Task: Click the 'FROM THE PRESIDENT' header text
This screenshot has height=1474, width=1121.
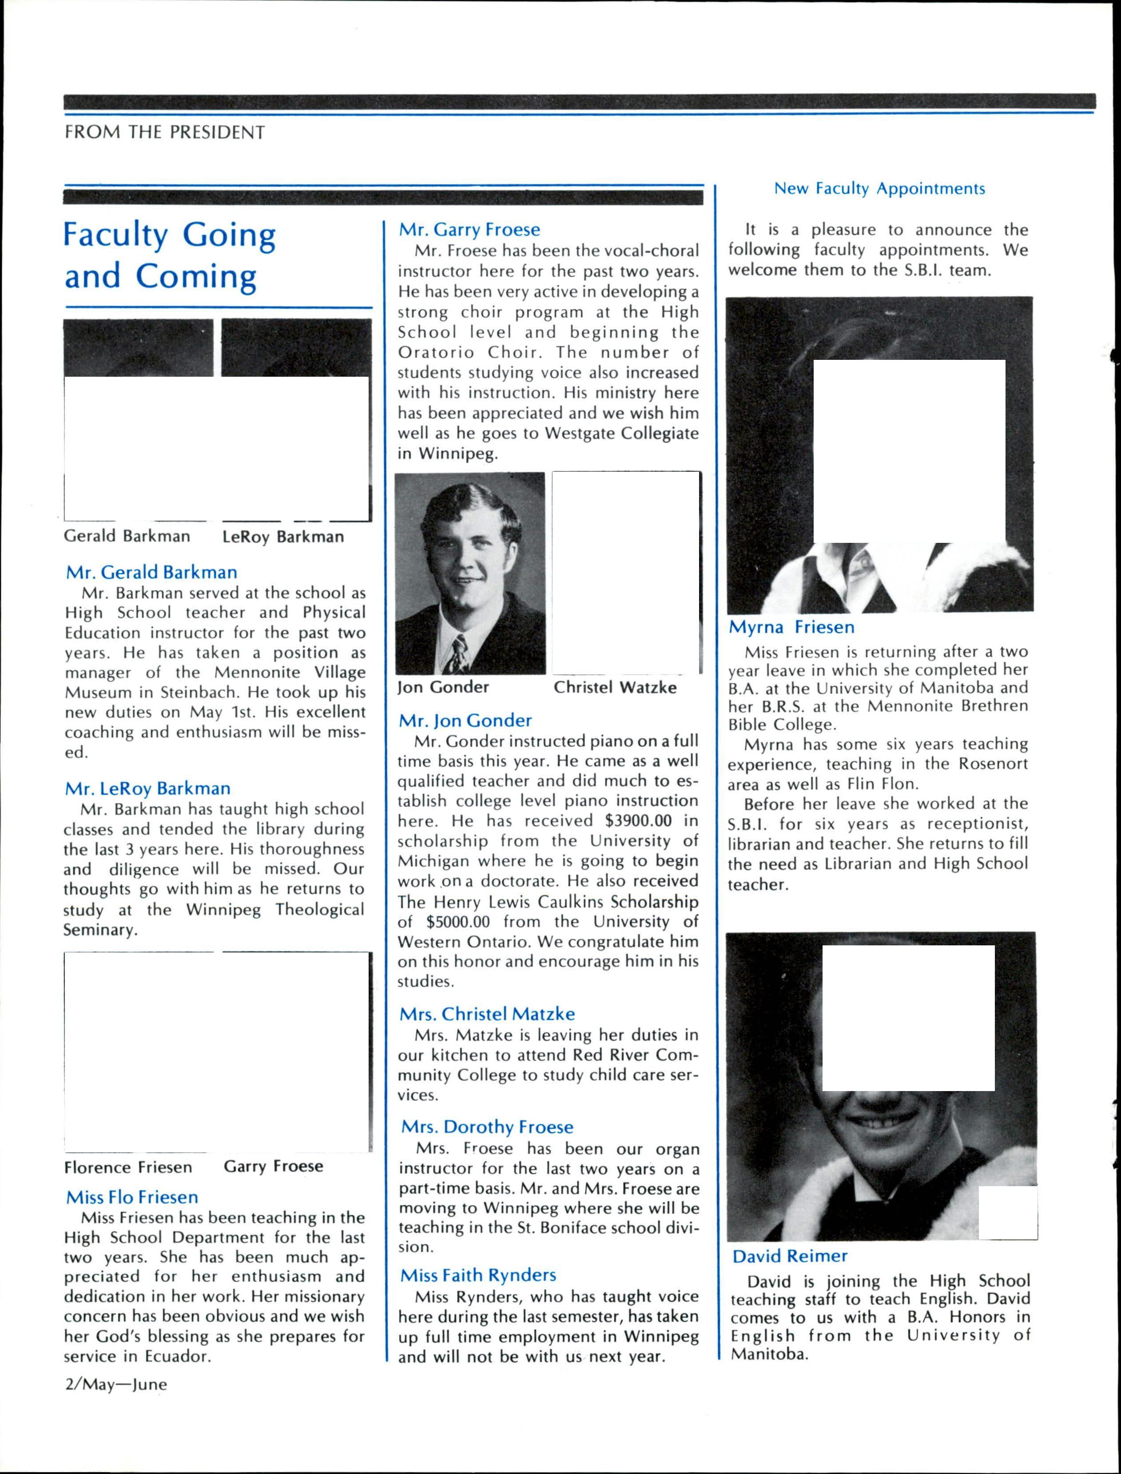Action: tap(164, 132)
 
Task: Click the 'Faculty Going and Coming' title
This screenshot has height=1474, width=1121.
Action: tap(170, 255)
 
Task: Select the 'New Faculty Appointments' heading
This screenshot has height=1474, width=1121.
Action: tap(879, 189)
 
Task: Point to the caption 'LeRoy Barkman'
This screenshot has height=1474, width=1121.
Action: tap(283, 537)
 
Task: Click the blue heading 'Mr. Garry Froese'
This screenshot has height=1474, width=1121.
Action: tap(469, 230)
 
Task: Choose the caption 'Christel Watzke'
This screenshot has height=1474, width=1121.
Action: tap(615, 687)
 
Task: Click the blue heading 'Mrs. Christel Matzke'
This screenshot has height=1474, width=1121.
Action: tap(486, 1014)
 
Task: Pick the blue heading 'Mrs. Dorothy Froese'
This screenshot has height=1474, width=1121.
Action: tap(486, 1127)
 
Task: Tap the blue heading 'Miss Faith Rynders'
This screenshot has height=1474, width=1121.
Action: tap(478, 1275)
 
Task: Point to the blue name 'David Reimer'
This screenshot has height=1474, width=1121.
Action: tap(789, 1256)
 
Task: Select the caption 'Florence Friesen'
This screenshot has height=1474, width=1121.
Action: tap(127, 1167)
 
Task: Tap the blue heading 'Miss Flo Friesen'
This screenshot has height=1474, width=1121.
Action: tap(131, 1197)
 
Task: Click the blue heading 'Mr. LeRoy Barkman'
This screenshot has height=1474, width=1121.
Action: tap(147, 789)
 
